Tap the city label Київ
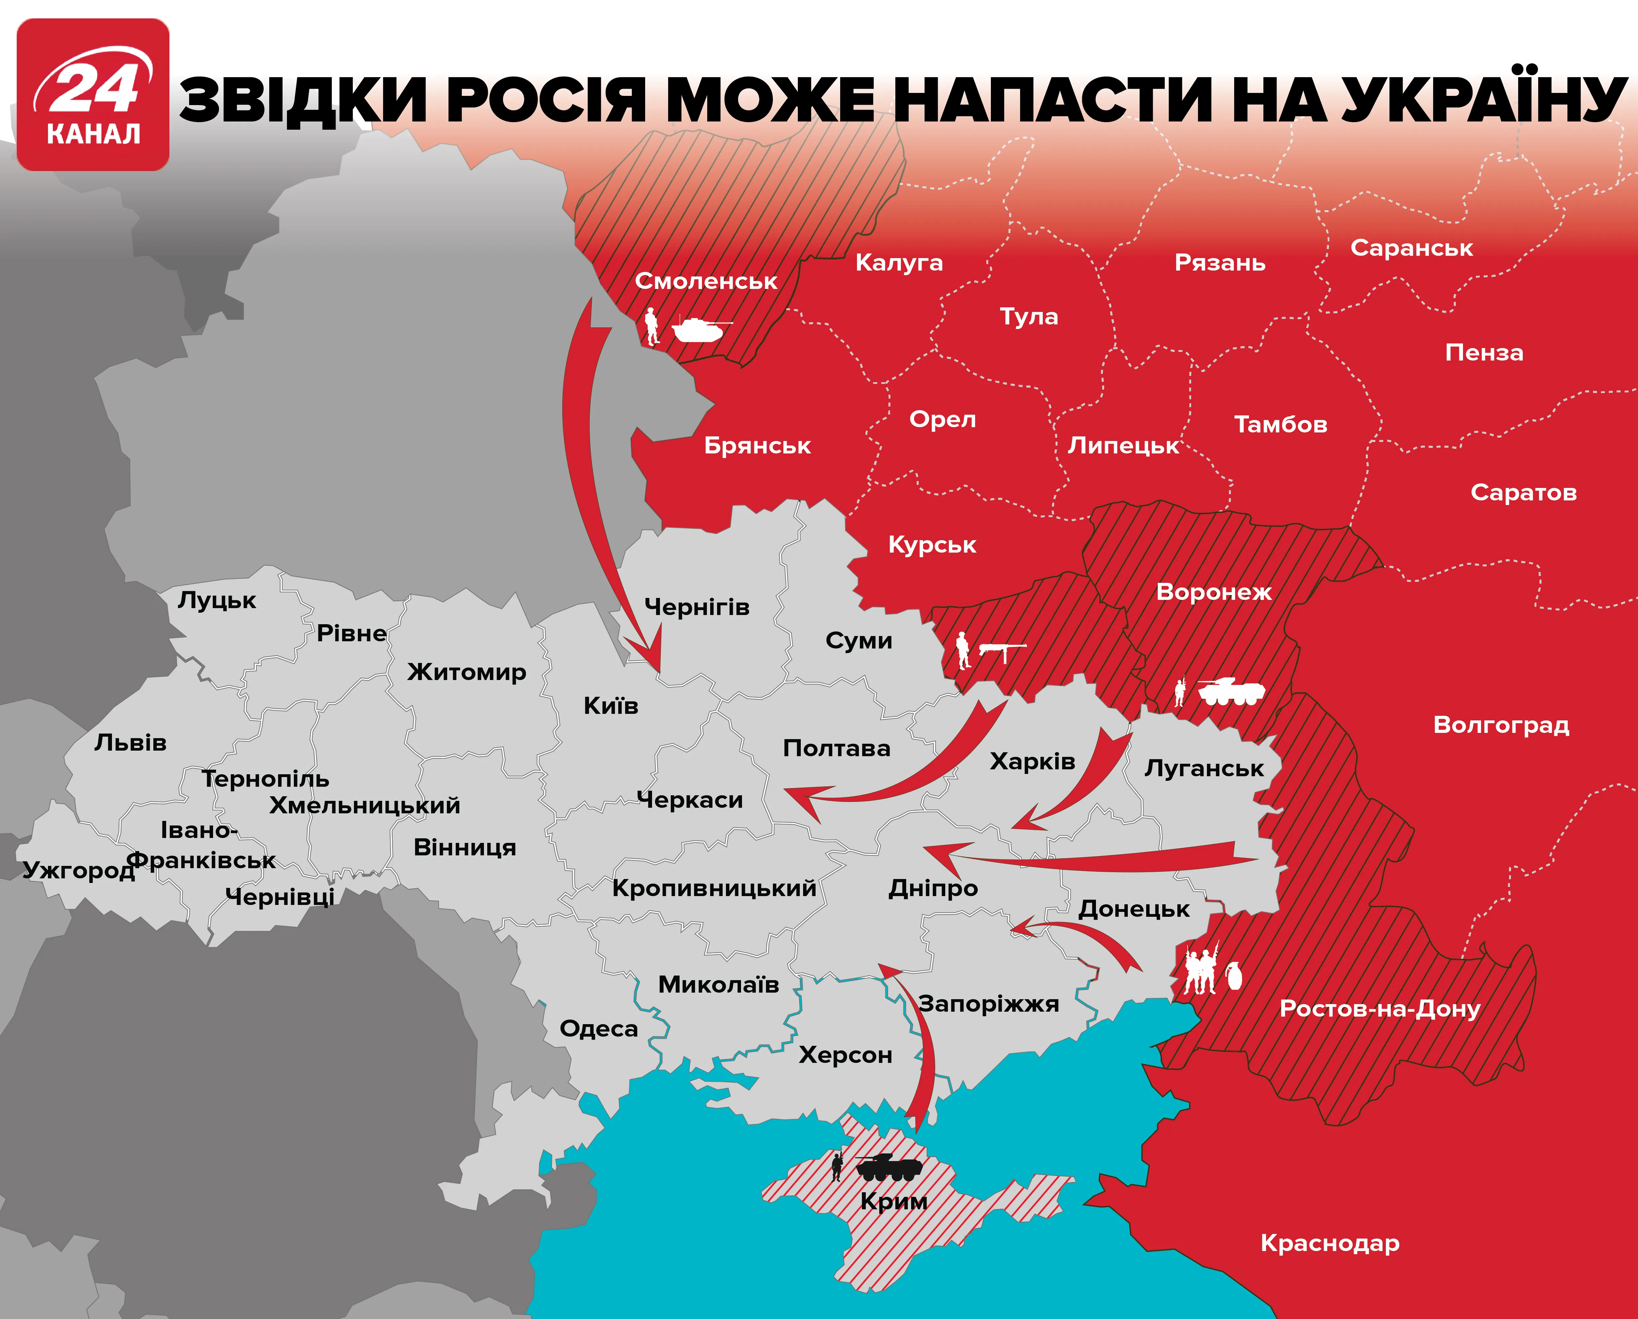tap(611, 706)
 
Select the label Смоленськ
tap(706, 281)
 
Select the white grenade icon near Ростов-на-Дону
tap(1234, 976)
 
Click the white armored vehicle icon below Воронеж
tap(1231, 692)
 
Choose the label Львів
tap(131, 742)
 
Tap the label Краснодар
tap(1330, 1243)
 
